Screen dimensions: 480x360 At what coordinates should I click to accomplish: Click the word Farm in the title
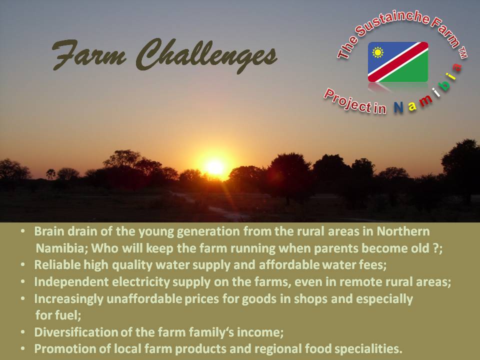click(x=89, y=54)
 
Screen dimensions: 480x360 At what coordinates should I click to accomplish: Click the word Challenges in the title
click(x=206, y=55)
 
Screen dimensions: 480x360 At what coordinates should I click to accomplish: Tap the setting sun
click(x=215, y=167)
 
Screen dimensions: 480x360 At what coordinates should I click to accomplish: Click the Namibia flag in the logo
click(x=398, y=62)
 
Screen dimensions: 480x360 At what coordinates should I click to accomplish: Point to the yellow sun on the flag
click(x=378, y=52)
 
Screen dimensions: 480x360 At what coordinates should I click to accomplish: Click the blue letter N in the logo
click(x=398, y=107)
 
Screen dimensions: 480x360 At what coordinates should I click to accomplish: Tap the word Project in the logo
click(x=347, y=100)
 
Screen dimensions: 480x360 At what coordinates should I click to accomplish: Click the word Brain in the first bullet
click(x=49, y=231)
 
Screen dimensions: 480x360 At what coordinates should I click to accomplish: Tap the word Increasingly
click(x=68, y=299)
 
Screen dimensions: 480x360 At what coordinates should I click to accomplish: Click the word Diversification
click(x=76, y=332)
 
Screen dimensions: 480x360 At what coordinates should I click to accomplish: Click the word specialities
click(x=367, y=349)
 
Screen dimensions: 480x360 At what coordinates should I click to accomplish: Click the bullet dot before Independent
click(x=23, y=281)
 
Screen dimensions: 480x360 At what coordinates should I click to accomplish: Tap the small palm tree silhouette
click(x=51, y=174)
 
